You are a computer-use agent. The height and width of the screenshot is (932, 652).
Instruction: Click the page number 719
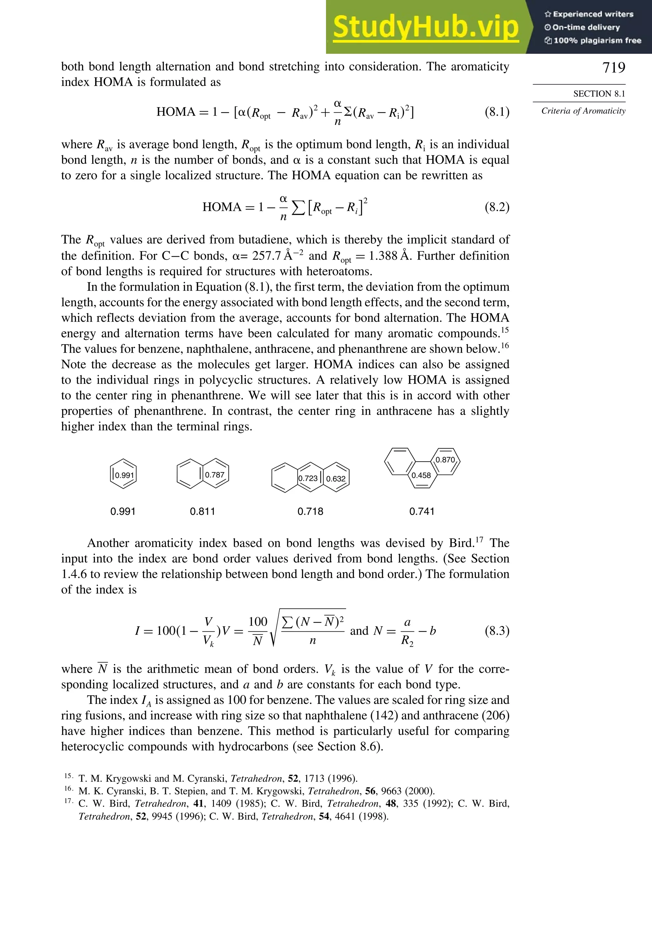point(613,68)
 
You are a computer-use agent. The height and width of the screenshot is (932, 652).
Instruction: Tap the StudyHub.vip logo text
point(426,27)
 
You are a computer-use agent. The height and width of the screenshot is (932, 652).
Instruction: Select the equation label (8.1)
point(497,111)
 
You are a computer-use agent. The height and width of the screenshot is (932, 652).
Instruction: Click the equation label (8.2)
point(497,207)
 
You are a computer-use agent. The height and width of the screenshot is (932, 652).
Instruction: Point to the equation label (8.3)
point(497,631)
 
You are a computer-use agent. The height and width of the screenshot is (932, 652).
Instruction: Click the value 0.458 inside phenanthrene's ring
point(421,475)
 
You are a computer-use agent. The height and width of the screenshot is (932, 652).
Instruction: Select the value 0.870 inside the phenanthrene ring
point(445,460)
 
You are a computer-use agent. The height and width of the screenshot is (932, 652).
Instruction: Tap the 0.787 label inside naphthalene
point(214,475)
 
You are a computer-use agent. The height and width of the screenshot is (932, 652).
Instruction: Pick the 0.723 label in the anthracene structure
point(308,478)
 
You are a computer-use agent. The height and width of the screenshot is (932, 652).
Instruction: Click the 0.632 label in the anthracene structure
point(336,479)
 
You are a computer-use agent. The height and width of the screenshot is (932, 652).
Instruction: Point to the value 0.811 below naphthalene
point(202,512)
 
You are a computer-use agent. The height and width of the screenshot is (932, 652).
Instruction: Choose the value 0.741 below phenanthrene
point(422,512)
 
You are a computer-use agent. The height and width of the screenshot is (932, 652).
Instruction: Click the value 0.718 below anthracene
point(310,512)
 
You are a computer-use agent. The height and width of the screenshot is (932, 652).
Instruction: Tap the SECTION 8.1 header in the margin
point(599,94)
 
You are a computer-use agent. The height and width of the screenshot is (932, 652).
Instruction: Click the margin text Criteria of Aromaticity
point(583,111)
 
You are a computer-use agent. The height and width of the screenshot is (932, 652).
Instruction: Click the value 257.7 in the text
point(266,256)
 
